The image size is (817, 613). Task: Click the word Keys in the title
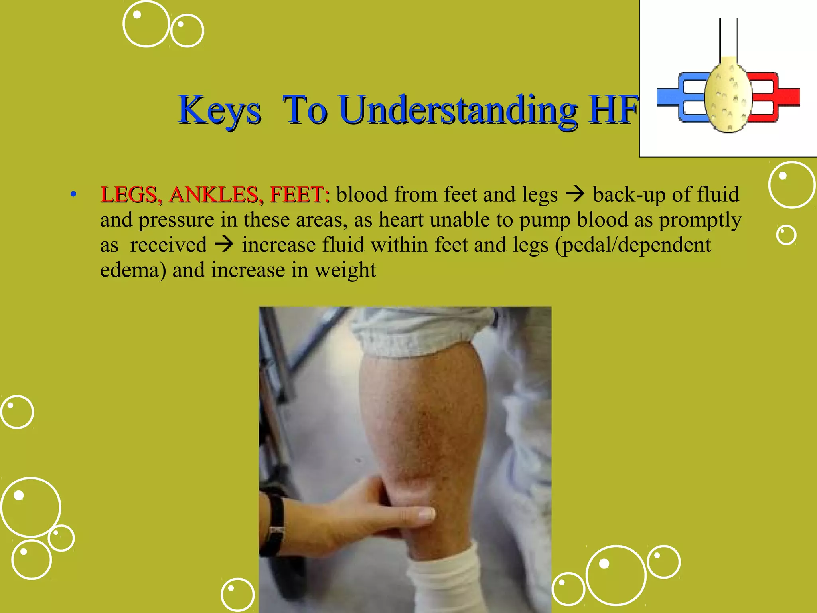(219, 110)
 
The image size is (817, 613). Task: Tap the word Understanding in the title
(459, 110)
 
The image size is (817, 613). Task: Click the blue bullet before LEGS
(73, 195)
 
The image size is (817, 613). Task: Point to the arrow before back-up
(575, 194)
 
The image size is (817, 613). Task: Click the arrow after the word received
(224, 245)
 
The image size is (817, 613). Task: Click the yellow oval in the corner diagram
(728, 96)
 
